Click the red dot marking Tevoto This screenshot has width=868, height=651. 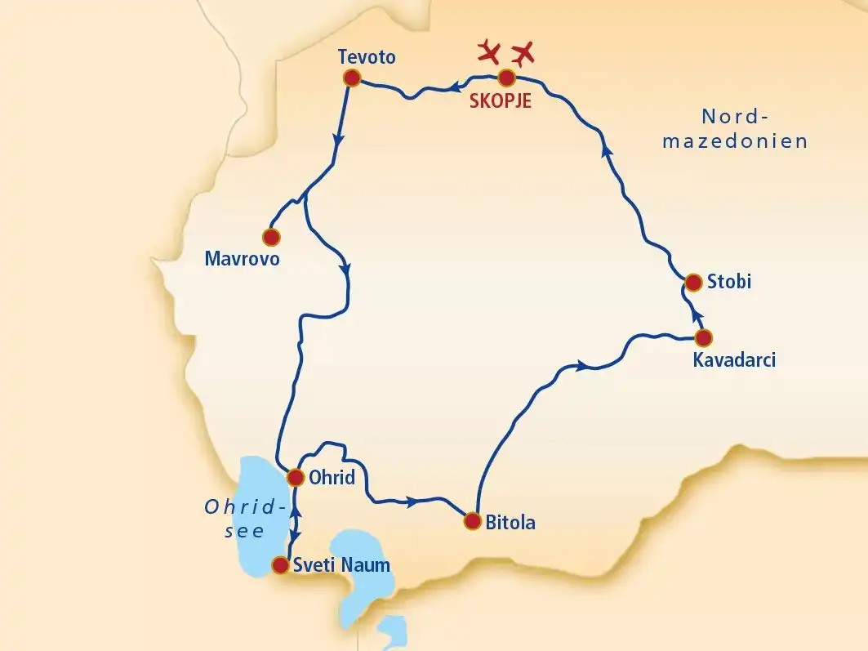[x=352, y=78]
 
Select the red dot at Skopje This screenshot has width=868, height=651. [x=506, y=78]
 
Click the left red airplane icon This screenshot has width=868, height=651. [x=489, y=51]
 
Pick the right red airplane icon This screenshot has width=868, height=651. [x=523, y=52]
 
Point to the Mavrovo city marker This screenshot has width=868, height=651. [x=271, y=237]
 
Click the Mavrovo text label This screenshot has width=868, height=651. [x=243, y=260]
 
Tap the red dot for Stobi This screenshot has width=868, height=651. [x=693, y=283]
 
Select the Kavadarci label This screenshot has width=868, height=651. [x=732, y=360]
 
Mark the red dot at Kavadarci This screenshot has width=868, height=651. [x=702, y=337]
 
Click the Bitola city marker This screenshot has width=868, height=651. [x=471, y=520]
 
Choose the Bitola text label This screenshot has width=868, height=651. [x=510, y=522]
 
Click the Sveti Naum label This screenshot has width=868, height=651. [x=342, y=564]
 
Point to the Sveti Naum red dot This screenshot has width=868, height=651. [x=280, y=564]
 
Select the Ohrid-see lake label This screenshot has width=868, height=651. [x=244, y=519]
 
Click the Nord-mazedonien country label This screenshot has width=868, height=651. [x=735, y=128]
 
